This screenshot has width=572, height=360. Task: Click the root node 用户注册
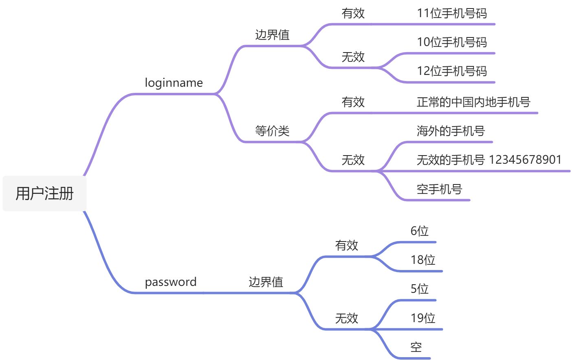[44, 193]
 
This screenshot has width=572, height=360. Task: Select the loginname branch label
[174, 83]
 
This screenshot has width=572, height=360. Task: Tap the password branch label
[171, 282]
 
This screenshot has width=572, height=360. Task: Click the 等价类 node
[272, 131]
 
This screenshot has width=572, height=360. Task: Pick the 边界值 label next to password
[266, 282]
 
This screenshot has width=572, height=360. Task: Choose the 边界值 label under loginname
[272, 35]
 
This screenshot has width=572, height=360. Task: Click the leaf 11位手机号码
[451, 13]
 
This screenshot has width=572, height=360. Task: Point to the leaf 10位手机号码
[451, 42]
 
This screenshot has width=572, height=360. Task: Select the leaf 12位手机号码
[451, 71]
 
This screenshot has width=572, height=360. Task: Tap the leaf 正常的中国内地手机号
[473, 102]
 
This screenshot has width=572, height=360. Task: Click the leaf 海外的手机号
[451, 131]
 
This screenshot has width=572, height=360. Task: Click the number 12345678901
[525, 160]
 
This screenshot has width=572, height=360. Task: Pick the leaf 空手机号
[439, 189]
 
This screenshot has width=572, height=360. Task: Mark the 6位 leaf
[419, 231]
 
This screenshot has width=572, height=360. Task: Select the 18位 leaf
[423, 260]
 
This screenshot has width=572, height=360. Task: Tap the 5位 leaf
[419, 289]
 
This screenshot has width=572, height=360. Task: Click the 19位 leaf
[423, 318]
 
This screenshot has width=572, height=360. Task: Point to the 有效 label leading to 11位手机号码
[353, 13]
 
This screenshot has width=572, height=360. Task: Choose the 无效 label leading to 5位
[346, 318]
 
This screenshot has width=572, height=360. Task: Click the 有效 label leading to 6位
[346, 245]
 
